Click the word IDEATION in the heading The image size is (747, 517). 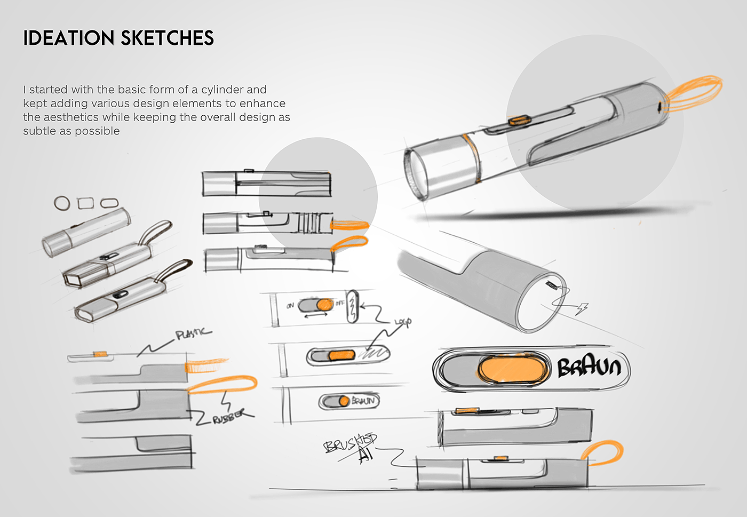click(69, 38)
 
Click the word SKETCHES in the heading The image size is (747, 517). click(167, 38)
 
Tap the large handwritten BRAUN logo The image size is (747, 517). click(589, 368)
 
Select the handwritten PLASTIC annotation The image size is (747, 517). click(193, 334)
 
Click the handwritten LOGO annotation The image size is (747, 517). click(403, 322)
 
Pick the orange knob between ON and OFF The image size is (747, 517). click(324, 305)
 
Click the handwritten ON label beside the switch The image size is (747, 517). click(290, 306)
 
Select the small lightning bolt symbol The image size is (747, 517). click(583, 308)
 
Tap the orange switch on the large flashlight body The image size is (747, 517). click(518, 120)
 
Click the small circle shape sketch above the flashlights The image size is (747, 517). click(62, 203)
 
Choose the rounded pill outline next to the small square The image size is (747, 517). click(109, 203)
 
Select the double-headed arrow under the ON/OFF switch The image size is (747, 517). click(316, 315)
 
